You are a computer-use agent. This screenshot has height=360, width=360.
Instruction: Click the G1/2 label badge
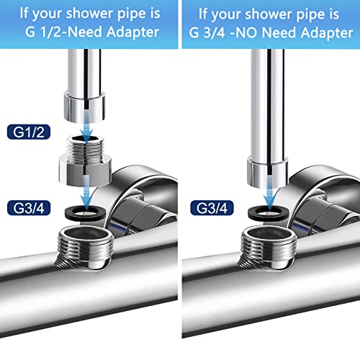click(29, 132)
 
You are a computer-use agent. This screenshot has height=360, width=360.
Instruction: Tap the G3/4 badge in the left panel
click(29, 208)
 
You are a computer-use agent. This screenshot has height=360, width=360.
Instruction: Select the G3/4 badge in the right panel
click(212, 208)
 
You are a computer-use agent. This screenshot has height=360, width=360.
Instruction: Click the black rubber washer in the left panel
click(85, 213)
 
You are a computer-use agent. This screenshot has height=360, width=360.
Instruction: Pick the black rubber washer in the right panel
click(269, 213)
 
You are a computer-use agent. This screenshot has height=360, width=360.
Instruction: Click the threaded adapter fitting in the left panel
click(85, 161)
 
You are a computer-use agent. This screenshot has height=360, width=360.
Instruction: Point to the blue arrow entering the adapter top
click(86, 126)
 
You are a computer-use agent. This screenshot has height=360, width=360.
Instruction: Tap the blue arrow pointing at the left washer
click(86, 192)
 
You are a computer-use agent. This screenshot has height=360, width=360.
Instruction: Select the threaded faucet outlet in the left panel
click(85, 247)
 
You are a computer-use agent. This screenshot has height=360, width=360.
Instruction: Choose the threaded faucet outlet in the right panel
click(269, 247)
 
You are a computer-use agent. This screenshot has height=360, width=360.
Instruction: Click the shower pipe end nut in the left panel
click(84, 107)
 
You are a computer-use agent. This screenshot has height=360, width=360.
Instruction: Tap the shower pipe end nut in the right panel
click(268, 171)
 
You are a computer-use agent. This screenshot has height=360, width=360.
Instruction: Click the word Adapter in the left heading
click(132, 32)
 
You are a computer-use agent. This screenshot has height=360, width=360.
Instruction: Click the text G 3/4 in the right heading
click(207, 32)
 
